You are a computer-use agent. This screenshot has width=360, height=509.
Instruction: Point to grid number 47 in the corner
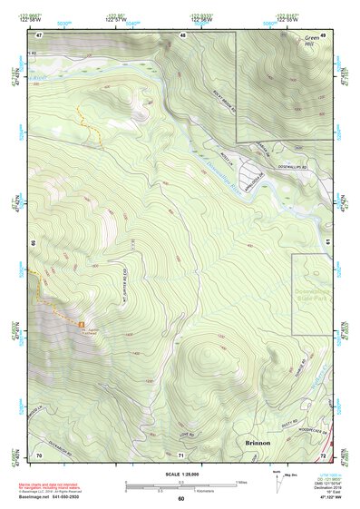[40, 35]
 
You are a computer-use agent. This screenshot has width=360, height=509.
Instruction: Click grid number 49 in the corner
[322, 35]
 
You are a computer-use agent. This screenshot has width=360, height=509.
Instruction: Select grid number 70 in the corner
[39, 454]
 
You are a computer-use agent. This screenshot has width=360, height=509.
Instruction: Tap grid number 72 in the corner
[322, 454]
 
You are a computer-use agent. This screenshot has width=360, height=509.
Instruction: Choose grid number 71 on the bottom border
[181, 454]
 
